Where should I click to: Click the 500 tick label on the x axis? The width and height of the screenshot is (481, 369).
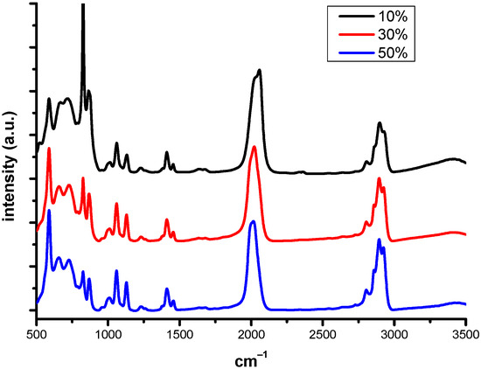click(37, 334)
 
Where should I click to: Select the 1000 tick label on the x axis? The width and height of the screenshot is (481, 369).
click(108, 334)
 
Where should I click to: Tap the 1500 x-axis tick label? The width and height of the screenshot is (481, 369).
click(179, 334)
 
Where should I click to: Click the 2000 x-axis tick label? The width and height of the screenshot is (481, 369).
click(251, 334)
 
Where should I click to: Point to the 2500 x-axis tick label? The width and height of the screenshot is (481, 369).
click(323, 334)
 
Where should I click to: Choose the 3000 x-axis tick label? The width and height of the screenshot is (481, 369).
click(394, 334)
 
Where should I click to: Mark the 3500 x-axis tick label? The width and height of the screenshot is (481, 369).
click(465, 334)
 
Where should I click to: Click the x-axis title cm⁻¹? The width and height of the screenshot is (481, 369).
click(251, 358)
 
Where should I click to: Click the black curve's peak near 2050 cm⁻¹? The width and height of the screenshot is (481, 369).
click(259, 70)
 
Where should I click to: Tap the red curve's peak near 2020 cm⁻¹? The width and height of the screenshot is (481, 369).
click(254, 147)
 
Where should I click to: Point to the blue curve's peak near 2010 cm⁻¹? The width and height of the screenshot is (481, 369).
click(253, 221)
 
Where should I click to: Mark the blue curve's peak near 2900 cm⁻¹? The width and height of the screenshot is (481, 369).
click(379, 240)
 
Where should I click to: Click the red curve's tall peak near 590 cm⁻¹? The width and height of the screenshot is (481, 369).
click(49, 149)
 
